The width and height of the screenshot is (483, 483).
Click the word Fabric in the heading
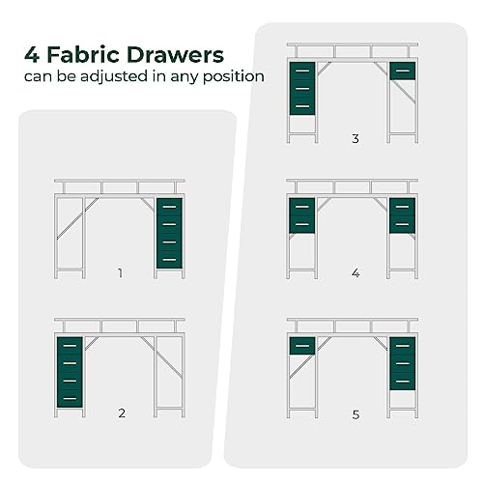click(83, 55)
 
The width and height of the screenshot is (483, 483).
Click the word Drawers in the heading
click(175, 55)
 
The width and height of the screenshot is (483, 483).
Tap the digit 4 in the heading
click(32, 55)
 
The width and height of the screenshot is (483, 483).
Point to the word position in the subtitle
click(234, 77)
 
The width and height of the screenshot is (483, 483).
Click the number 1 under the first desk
click(121, 273)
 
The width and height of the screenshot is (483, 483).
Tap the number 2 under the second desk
click(122, 412)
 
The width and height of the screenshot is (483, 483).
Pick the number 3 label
click(355, 138)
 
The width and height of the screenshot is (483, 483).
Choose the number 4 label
click(355, 273)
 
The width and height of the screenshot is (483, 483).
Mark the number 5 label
click(355, 414)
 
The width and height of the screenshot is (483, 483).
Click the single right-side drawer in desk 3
click(403, 71)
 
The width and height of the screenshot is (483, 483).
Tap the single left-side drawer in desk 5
click(302, 346)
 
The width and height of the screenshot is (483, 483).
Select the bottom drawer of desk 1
click(169, 260)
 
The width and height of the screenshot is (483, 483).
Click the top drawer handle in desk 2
click(70, 346)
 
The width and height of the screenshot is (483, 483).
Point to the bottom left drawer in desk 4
click(302, 224)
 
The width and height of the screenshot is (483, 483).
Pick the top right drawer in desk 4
click(403, 207)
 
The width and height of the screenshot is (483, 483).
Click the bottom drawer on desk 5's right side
click(403, 382)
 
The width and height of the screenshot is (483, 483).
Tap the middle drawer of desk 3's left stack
click(302, 89)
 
